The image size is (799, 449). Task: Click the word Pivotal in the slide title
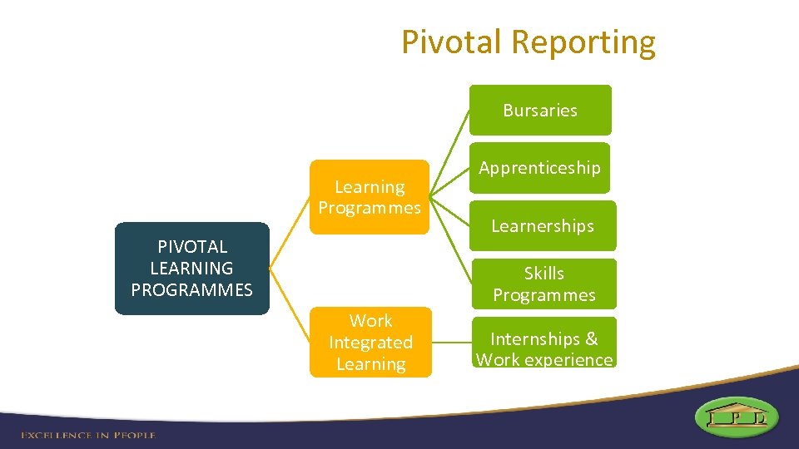(x=452, y=42)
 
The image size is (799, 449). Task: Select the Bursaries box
(x=539, y=110)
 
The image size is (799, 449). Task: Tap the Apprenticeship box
(x=539, y=168)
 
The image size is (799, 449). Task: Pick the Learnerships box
(x=542, y=225)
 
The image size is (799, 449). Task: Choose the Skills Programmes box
(x=543, y=284)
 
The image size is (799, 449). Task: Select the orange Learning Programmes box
(x=370, y=197)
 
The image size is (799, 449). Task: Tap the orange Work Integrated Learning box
(x=370, y=342)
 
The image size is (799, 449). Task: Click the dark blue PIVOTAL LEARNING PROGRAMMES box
(x=191, y=268)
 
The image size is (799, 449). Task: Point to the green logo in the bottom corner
(x=737, y=417)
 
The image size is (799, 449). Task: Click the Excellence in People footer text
(x=88, y=435)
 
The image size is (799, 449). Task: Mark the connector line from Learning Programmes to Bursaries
(x=449, y=153)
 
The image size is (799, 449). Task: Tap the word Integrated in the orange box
(x=370, y=343)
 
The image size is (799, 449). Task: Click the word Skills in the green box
(x=543, y=274)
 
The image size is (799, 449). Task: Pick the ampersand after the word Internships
(x=591, y=339)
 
